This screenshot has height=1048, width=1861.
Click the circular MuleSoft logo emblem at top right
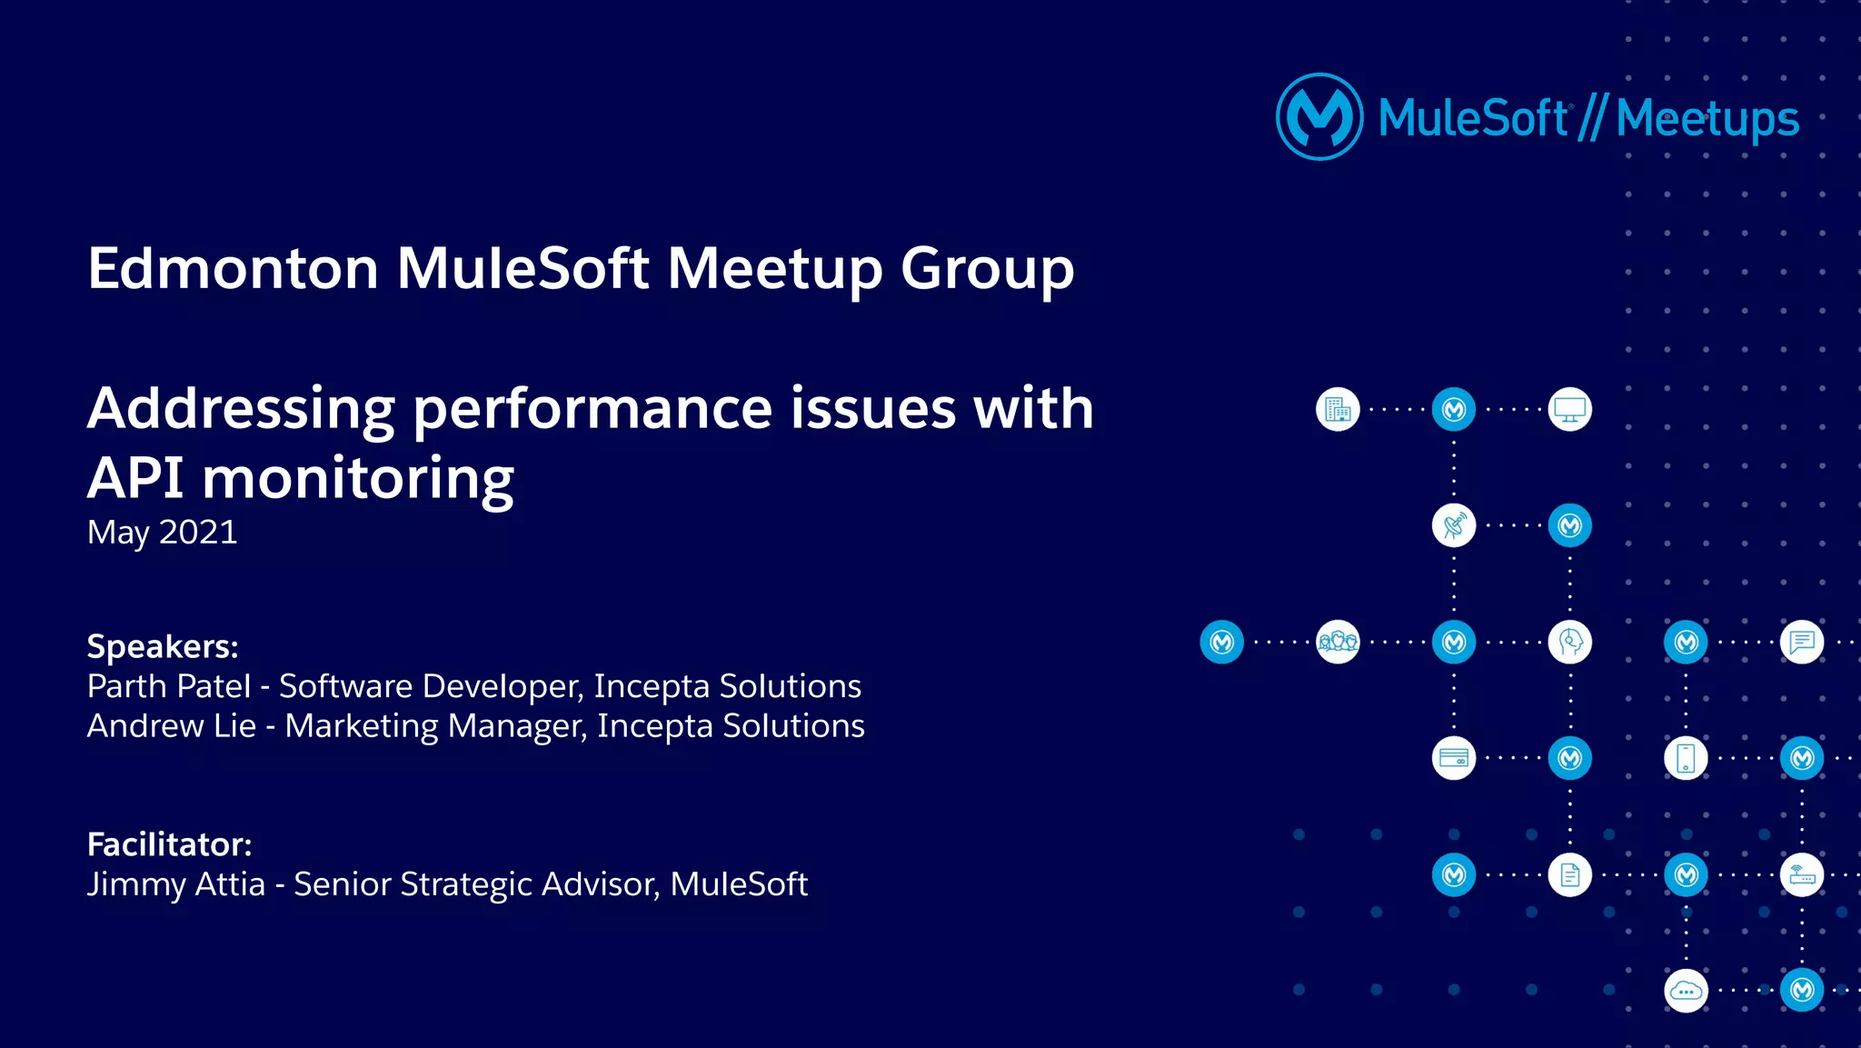coord(1319,117)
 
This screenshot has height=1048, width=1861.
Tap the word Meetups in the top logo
coord(1707,119)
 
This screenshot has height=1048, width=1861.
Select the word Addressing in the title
coord(241,408)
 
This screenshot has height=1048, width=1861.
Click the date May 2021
coord(162,532)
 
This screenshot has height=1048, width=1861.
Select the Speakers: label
coord(163,646)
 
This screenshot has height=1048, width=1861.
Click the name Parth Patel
coord(168,686)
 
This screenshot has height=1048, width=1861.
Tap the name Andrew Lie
coord(171,726)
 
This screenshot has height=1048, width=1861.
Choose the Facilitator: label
coord(169,844)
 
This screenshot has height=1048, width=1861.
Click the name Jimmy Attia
coord(175,884)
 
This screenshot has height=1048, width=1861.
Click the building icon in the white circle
coord(1338,410)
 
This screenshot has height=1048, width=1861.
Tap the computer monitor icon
coord(1569,410)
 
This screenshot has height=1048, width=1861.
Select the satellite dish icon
coord(1453,525)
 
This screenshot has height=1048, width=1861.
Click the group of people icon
coord(1338,642)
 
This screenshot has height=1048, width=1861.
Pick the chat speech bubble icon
coord(1801,642)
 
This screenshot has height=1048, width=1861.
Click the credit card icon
coord(1453,758)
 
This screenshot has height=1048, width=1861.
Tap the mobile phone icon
coord(1686,758)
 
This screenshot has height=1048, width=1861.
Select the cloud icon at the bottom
coord(1686,991)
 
